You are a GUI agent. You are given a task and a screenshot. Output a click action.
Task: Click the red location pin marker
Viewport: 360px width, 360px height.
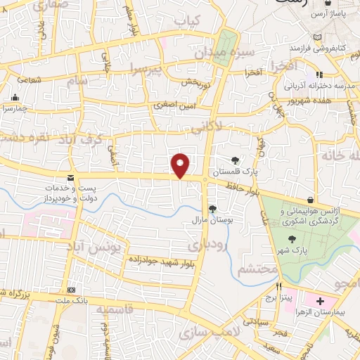(x=181, y=165)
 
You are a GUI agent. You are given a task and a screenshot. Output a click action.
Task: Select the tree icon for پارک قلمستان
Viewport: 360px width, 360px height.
(x=235, y=160)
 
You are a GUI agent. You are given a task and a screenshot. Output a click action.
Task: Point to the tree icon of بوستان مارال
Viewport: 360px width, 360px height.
(x=212, y=208)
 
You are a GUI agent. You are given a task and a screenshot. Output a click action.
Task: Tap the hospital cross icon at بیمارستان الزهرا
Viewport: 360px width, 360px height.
(x=310, y=300)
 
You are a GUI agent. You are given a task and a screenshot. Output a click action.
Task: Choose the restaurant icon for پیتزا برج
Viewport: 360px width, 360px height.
(x=278, y=287)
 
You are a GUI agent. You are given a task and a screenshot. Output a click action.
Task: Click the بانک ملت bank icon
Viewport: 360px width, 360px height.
(x=70, y=290)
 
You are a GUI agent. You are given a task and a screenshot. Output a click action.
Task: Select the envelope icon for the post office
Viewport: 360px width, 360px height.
(x=70, y=179)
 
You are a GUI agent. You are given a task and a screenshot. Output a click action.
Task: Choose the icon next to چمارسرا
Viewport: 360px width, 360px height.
(x=15, y=98)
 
